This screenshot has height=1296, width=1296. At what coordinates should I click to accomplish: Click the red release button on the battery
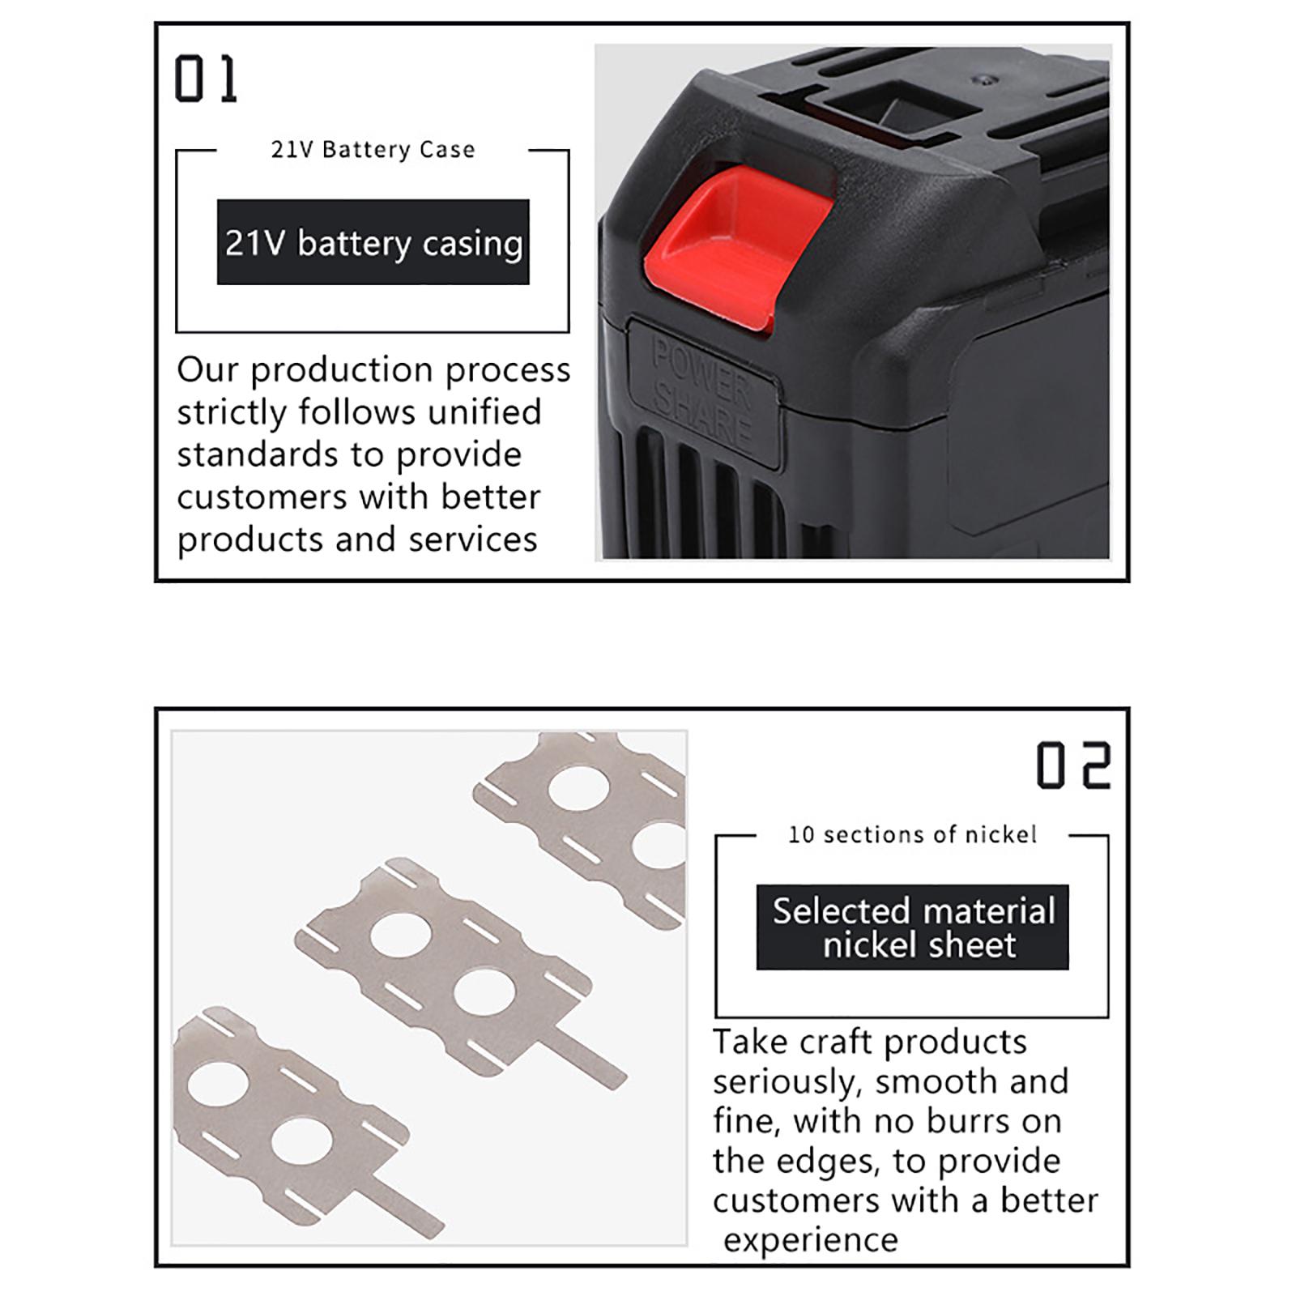pyautogui.click(x=733, y=247)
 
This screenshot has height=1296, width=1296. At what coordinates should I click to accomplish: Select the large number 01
pyautogui.click(x=206, y=79)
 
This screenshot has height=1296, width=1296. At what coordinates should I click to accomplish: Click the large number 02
pyautogui.click(x=1073, y=765)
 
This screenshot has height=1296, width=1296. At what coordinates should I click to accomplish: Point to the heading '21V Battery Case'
pyautogui.click(x=373, y=150)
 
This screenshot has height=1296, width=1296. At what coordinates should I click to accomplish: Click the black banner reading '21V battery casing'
pyautogui.click(x=373, y=242)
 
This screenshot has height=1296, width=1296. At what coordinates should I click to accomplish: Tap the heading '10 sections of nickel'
pyautogui.click(x=913, y=834)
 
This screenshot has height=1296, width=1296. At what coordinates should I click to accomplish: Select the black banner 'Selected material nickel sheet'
pyautogui.click(x=913, y=927)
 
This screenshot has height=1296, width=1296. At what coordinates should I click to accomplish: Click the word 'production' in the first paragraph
pyautogui.click(x=341, y=371)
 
